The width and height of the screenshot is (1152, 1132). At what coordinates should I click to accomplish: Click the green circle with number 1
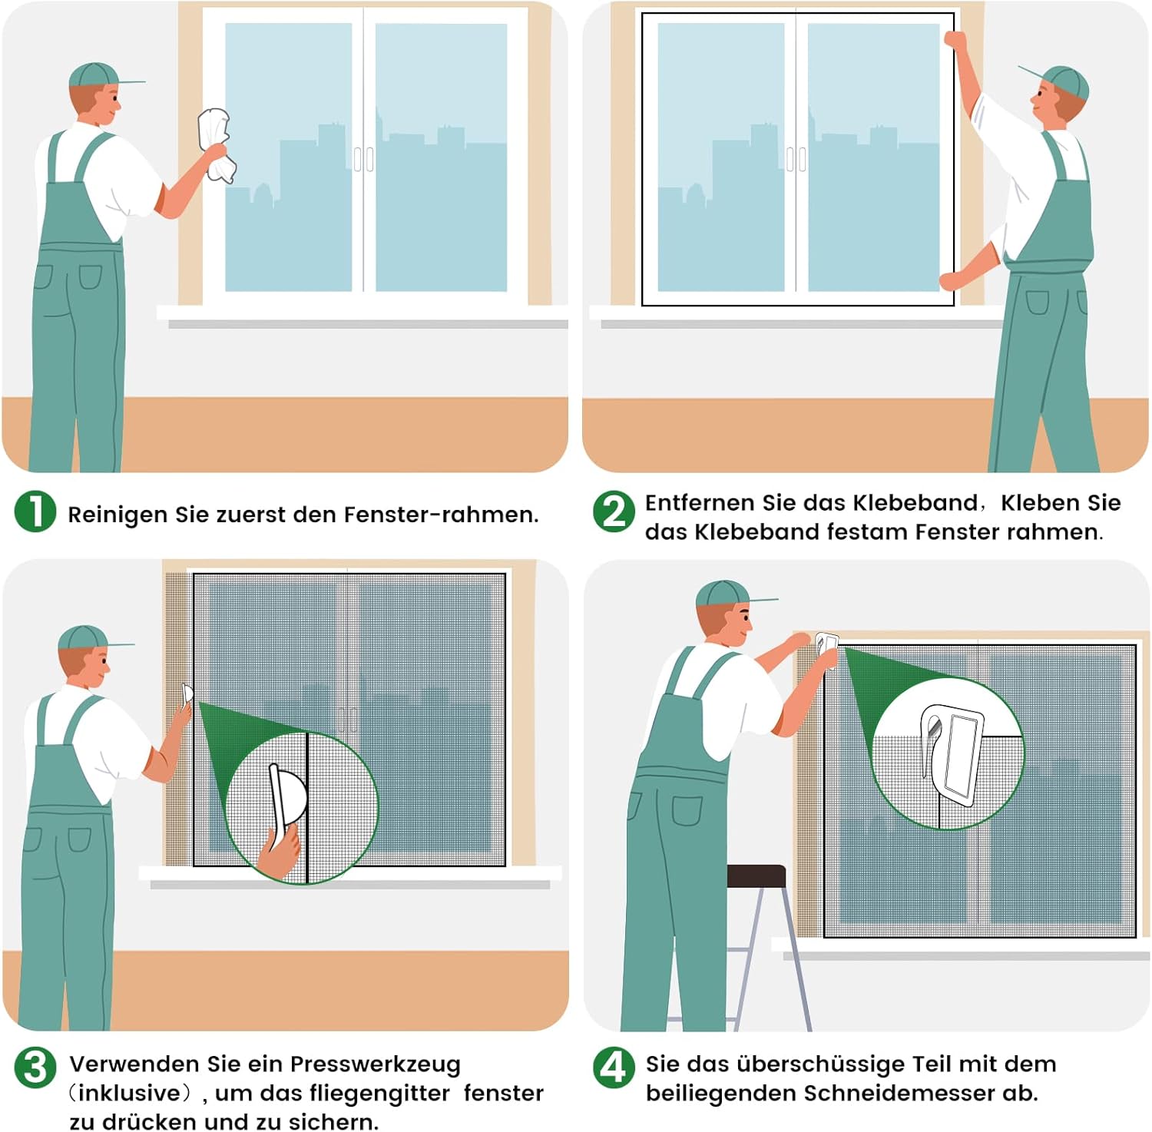point(35,511)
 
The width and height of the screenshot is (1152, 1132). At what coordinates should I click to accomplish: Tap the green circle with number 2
point(614,511)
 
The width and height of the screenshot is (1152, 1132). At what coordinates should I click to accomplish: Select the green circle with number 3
point(35,1067)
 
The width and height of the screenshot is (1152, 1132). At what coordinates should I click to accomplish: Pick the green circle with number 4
point(614,1067)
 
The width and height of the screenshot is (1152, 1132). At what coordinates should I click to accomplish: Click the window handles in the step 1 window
point(363,159)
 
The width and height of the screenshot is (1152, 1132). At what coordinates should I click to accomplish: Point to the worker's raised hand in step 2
point(955,40)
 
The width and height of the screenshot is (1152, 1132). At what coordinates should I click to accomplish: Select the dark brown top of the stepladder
point(756,875)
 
